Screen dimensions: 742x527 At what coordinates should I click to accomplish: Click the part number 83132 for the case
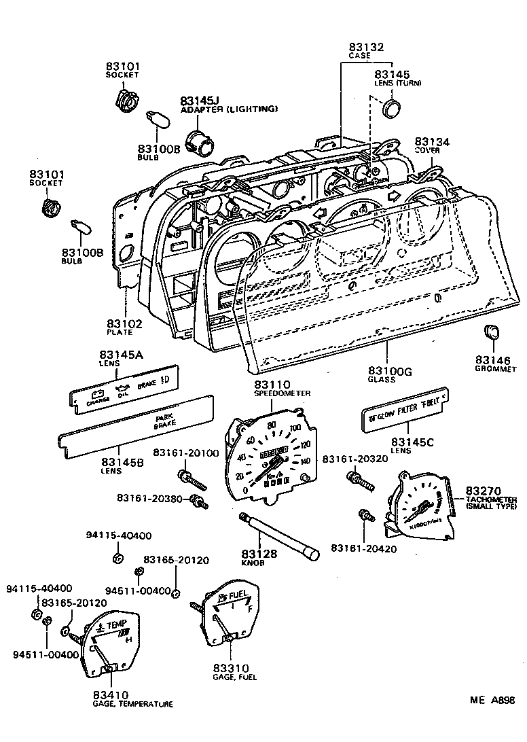pos(367,47)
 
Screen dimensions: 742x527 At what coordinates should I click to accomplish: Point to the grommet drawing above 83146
pos(490,333)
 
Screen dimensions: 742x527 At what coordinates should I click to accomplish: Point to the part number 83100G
pos(390,370)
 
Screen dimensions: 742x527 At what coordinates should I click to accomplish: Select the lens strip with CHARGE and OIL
pos(122,390)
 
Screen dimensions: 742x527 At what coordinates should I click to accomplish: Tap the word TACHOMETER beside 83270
pos(491,500)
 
